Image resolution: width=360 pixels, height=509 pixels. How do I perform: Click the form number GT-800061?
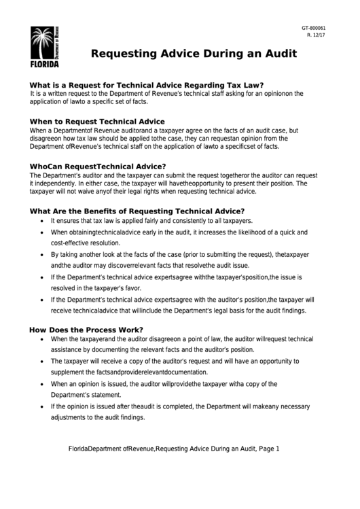click(314, 28)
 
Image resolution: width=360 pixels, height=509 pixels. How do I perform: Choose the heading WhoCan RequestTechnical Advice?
click(98, 166)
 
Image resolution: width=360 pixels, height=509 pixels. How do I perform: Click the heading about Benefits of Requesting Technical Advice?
click(137, 211)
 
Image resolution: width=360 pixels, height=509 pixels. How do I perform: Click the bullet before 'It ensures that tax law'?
click(43, 222)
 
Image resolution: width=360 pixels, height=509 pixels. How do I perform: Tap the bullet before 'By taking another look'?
click(43, 253)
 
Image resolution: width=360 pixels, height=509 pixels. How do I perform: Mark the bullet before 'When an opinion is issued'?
click(43, 383)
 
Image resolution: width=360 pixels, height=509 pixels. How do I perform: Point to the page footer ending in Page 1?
click(175, 449)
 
